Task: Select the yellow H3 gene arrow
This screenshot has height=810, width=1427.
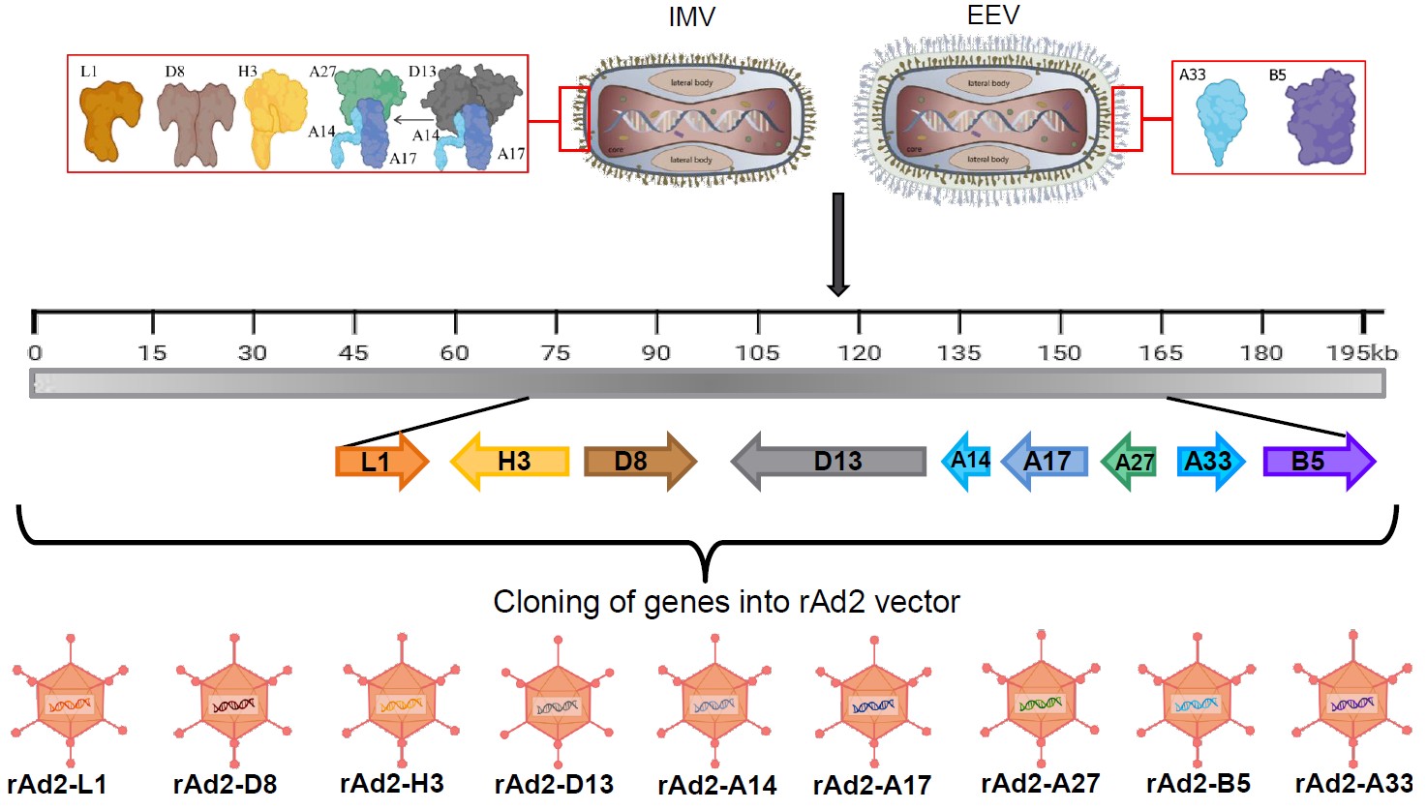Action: (510, 461)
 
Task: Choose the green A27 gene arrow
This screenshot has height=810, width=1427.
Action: (1130, 462)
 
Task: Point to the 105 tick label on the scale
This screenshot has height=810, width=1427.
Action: (757, 353)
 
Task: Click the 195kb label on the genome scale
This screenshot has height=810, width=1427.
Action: (1361, 353)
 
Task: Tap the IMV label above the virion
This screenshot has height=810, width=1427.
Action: (691, 17)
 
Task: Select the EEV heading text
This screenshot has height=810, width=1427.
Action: (993, 15)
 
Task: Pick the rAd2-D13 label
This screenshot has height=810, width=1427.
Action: (554, 784)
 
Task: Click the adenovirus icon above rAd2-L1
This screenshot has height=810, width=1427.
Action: (70, 702)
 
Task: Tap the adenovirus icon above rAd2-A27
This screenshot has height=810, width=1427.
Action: (1040, 699)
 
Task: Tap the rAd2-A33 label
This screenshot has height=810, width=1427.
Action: (1353, 783)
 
